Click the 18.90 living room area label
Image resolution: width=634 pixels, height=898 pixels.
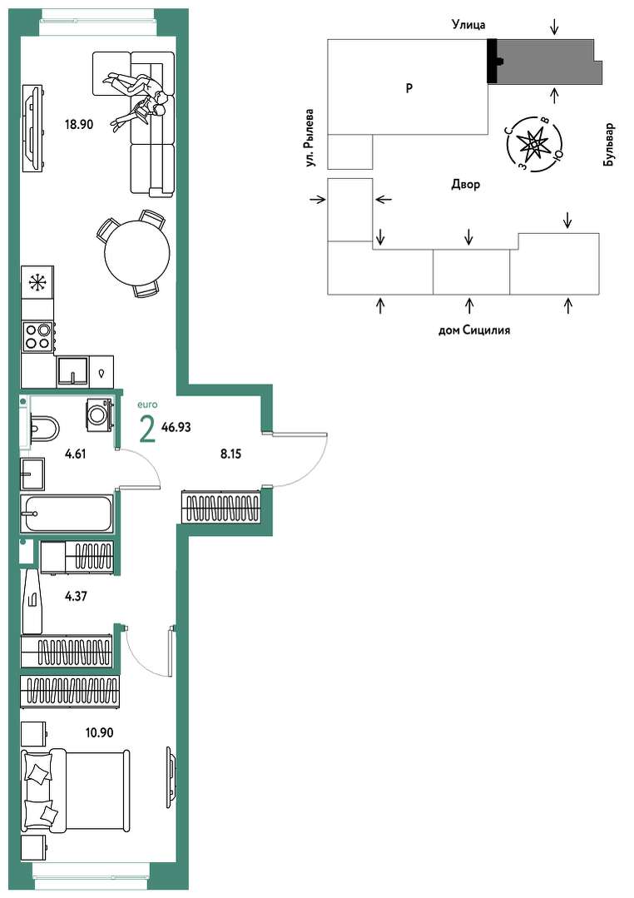(78, 124)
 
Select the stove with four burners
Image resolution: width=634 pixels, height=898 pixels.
(37, 335)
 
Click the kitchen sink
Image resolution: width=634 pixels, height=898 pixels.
(72, 372)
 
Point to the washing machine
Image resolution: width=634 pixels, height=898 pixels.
(99, 412)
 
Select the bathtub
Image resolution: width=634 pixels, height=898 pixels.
(67, 513)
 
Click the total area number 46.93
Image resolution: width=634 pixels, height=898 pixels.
(176, 427)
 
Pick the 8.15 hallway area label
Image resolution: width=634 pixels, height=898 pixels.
(230, 454)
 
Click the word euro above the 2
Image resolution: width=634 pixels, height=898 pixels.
(148, 405)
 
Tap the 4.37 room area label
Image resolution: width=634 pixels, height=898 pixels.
(77, 596)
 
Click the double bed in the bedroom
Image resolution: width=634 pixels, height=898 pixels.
(74, 791)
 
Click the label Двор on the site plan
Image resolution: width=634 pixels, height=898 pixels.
(466, 185)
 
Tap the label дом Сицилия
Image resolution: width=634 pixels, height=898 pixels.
(474, 330)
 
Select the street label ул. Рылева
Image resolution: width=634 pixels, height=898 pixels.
(310, 138)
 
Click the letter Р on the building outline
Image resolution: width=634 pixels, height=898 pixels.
(409, 88)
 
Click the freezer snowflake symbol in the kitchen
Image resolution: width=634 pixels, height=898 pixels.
(37, 282)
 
